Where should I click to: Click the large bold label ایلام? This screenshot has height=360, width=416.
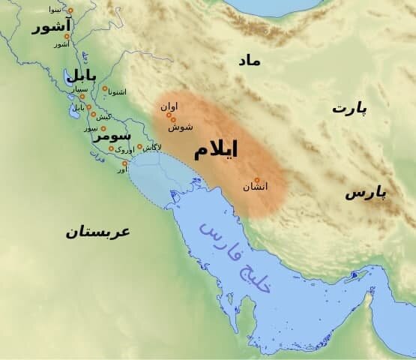(x=216, y=149)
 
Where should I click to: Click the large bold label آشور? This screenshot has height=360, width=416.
(x=51, y=28)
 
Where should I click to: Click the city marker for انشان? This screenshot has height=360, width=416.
(x=256, y=180)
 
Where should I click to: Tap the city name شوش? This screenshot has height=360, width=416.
(x=181, y=127)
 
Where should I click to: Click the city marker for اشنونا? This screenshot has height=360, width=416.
(x=105, y=88)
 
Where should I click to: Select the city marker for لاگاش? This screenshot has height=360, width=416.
(x=139, y=146)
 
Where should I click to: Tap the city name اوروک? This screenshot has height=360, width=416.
(x=126, y=150)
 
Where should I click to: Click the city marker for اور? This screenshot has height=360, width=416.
(x=125, y=163)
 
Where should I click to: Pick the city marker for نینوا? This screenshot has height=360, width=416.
(x=70, y=10)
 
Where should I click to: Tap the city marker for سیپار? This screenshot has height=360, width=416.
(x=82, y=97)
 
